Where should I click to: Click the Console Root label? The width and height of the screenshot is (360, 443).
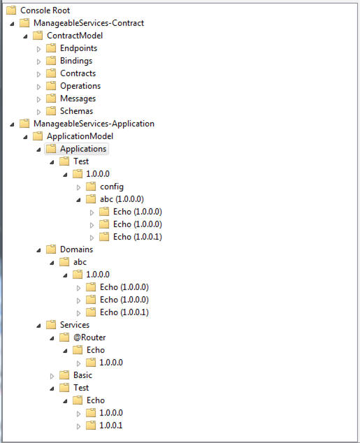click(x=45, y=10)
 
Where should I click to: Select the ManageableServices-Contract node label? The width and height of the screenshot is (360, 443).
click(x=89, y=23)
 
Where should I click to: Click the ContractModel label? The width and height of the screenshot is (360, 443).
click(x=75, y=36)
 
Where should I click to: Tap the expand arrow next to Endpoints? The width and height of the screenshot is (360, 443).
click(x=38, y=49)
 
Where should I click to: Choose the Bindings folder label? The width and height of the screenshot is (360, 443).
click(x=76, y=61)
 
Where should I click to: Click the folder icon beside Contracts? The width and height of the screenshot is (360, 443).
click(x=51, y=73)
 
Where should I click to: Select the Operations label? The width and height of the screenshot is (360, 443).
click(x=80, y=86)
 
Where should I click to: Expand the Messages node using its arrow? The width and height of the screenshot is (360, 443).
click(x=38, y=99)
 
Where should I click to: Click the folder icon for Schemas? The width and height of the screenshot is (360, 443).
click(x=51, y=110)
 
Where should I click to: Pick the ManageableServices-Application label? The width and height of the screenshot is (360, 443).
click(x=94, y=124)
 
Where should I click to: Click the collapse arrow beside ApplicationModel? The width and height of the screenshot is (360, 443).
click(x=25, y=137)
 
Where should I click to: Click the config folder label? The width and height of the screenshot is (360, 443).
click(x=112, y=187)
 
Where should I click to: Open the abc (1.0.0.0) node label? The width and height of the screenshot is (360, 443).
click(x=122, y=199)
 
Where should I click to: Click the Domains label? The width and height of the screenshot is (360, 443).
click(x=76, y=249)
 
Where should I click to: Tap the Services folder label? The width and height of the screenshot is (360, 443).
click(x=75, y=325)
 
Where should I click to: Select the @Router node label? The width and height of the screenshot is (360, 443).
click(x=89, y=337)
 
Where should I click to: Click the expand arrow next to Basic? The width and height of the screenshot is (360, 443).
click(x=52, y=376)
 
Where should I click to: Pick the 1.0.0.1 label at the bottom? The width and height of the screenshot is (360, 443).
click(x=110, y=426)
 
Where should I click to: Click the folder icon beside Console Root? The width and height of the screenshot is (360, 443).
click(x=11, y=10)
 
